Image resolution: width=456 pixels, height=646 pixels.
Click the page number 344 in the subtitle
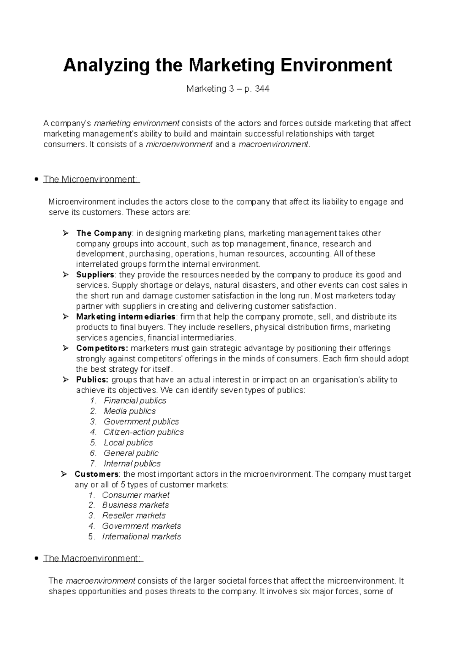[262, 89]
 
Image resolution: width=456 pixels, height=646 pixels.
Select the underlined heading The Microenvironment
[91, 179]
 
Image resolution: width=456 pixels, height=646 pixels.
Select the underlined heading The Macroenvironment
[93, 558]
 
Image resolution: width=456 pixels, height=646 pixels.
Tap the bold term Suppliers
[95, 275]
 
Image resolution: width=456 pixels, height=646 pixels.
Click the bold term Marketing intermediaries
[126, 317]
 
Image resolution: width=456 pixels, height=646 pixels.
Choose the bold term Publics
[92, 380]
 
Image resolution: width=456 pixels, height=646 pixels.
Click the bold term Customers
[97, 474]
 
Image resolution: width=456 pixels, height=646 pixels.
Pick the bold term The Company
[104, 233]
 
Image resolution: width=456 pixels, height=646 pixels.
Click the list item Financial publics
[135, 401]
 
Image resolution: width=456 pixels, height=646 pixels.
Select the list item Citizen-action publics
[144, 432]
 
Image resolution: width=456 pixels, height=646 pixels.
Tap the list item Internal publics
[132, 463]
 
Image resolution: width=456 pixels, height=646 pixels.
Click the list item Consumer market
[136, 495]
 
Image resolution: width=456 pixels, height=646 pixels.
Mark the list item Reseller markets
[134, 516]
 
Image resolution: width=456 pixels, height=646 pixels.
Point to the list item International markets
[141, 536]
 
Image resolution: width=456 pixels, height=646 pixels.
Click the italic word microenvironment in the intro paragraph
[179, 145]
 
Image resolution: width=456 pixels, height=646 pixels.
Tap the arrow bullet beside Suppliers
[65, 275]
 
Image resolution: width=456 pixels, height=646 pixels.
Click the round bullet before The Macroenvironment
[36, 558]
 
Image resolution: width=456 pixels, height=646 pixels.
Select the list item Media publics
[130, 411]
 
